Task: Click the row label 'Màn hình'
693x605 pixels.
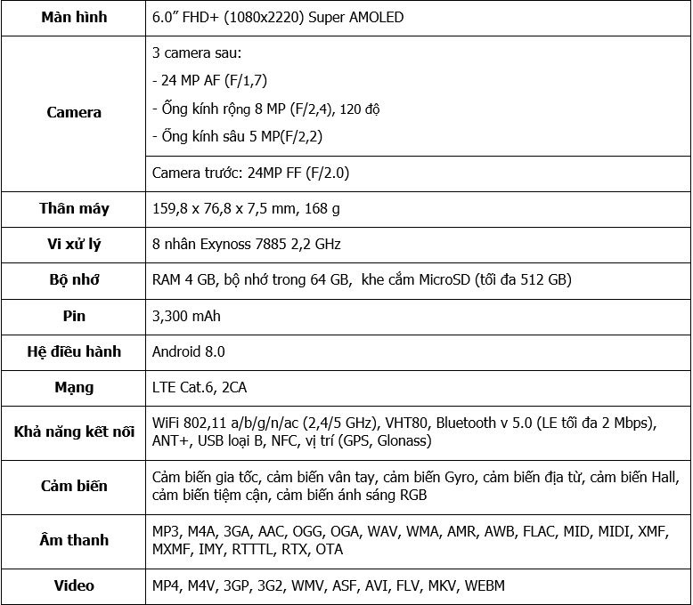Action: tap(74, 18)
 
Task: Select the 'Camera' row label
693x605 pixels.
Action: tap(74, 113)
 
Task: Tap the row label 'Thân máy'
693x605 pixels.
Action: tap(74, 209)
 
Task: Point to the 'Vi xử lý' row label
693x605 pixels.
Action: tap(74, 244)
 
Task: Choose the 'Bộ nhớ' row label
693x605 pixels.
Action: tap(74, 279)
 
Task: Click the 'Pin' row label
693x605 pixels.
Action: tap(74, 316)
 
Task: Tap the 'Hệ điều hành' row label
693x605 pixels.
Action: tap(74, 351)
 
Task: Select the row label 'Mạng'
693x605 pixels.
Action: tap(74, 388)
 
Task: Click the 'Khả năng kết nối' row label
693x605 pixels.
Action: tap(74, 432)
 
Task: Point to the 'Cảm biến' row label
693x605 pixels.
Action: tap(74, 486)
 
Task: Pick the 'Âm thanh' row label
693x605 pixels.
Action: tap(74, 540)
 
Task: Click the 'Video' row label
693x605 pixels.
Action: tap(74, 585)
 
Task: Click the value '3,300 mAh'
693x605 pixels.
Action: tap(186, 316)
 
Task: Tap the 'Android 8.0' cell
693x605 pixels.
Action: tap(189, 351)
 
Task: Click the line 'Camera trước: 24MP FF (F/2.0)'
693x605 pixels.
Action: tap(252, 173)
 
